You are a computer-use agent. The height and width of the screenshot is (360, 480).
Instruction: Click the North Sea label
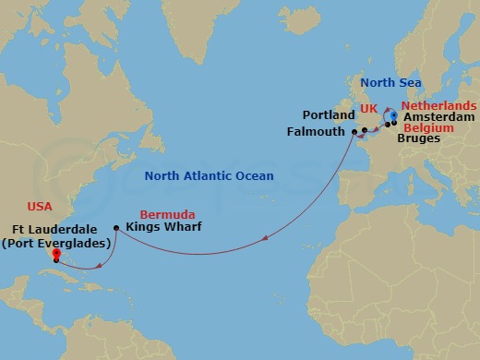(391, 82)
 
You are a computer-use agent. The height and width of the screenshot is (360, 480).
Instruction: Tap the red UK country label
(369, 109)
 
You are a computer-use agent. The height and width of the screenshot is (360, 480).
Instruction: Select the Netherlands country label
(438, 105)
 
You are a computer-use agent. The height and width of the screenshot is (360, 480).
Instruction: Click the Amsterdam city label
(438, 117)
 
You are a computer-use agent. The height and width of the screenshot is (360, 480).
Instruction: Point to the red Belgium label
(428, 128)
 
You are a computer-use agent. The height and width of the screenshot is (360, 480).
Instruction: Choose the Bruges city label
(418, 139)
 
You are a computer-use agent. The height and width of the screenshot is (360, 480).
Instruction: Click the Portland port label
(329, 115)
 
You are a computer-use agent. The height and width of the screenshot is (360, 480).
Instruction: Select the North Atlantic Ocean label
(209, 175)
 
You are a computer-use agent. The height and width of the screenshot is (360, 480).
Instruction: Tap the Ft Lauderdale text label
(60, 230)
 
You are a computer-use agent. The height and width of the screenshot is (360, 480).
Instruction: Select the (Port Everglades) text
(60, 243)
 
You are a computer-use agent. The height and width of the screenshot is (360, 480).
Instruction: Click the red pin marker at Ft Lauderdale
(56, 254)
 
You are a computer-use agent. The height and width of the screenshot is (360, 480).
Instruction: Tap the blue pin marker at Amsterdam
(393, 116)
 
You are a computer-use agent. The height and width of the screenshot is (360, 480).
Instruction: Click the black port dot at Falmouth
(353, 133)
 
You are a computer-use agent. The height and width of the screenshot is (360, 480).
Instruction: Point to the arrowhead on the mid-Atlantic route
(265, 240)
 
